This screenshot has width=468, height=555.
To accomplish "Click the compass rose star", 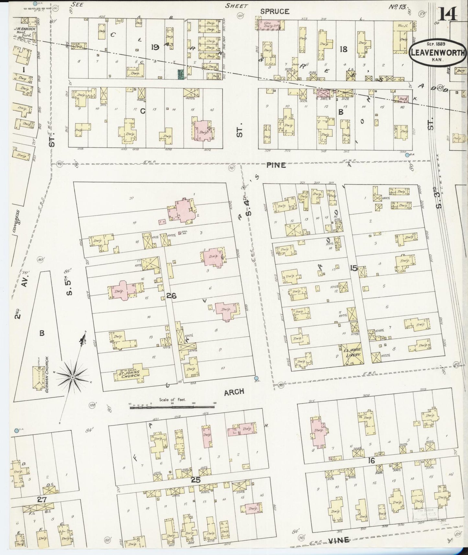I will pyautogui.click(x=73, y=377).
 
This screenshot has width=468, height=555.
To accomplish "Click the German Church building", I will pyautogui.click(x=39, y=377).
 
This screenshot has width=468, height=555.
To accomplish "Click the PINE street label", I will pyautogui.click(x=276, y=165).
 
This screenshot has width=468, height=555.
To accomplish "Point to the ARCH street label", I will pyautogui.click(x=234, y=392).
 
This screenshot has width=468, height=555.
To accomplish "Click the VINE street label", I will pyautogui.click(x=339, y=540).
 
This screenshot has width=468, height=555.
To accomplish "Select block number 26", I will pyautogui.click(x=171, y=295).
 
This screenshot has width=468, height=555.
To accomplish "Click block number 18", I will pyautogui.click(x=343, y=49).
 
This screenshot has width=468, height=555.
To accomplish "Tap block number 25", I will pyautogui.click(x=196, y=480).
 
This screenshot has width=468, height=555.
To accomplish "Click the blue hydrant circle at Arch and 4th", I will pyautogui.click(x=256, y=378).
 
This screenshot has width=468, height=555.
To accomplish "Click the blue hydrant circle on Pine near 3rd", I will pyautogui.click(x=407, y=155).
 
